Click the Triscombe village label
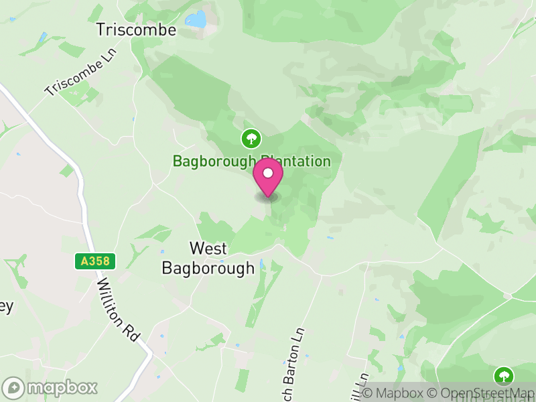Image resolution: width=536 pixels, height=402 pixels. (136, 29)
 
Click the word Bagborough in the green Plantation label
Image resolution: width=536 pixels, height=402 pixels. (213, 161)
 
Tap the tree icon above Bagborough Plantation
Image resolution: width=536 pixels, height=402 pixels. (251, 139)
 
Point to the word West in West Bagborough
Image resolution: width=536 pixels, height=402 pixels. (208, 248)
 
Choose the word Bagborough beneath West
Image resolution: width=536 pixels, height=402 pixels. (208, 268)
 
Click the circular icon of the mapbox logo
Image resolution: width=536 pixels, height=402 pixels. (13, 388)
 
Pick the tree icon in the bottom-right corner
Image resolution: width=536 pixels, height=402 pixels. (503, 375)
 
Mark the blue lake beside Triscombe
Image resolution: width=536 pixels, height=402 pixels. (196, 19)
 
